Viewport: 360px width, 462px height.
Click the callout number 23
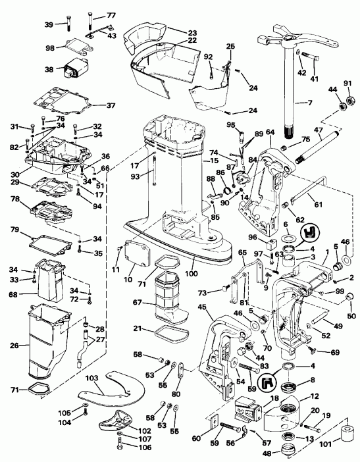pyautogui.click(x=192, y=33)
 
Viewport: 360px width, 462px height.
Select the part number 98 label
pyautogui.click(x=49, y=47)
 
